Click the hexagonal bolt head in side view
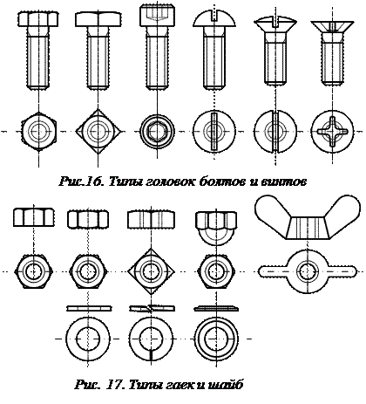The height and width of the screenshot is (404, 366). coord(38,19)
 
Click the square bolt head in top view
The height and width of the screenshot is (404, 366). coord(98,132)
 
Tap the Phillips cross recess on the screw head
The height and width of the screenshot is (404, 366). coord(333,132)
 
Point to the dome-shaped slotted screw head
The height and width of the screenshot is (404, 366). coord(214,18)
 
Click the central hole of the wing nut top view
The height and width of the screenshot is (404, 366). coord(307,271)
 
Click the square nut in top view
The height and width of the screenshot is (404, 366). coord(151,271)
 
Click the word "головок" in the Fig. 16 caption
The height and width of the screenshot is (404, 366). coord(155,181)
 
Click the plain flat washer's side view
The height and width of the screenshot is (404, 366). coord(88,308)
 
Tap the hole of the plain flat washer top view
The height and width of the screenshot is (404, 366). coord(88,339)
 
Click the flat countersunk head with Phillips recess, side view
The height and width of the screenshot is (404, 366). coord(332,26)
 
